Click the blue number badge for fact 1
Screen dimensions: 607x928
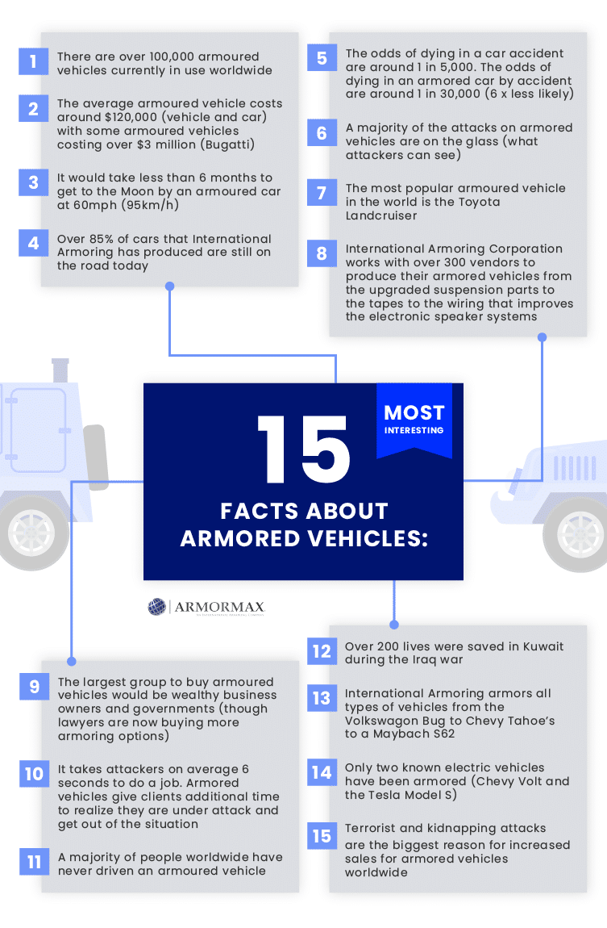click(x=33, y=61)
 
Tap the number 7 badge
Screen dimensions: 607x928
click(x=322, y=193)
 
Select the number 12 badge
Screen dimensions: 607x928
click(x=322, y=651)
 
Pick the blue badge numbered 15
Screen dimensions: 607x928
click(x=322, y=836)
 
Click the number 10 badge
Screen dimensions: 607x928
click(x=34, y=774)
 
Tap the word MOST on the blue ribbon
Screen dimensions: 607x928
click(x=414, y=412)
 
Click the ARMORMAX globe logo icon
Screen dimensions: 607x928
click(x=156, y=607)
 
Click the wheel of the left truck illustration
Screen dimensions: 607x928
click(x=31, y=533)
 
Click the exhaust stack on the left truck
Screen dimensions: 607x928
click(x=60, y=370)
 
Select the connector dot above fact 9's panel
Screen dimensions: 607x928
click(x=72, y=661)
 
